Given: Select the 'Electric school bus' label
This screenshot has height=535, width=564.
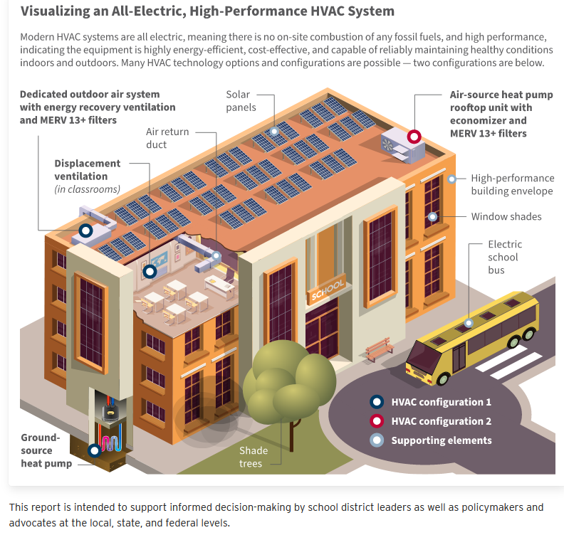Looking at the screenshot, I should pyautogui.click(x=505, y=257).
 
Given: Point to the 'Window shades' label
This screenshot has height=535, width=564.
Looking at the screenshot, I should pyautogui.click(x=506, y=216).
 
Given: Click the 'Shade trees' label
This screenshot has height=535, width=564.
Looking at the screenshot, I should pyautogui.click(x=254, y=457).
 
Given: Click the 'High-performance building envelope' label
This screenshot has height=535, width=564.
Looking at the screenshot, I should pyautogui.click(x=512, y=184).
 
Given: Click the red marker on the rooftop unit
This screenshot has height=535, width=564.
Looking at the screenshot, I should pyautogui.click(x=414, y=137).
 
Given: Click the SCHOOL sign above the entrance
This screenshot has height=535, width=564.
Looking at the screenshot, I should pyautogui.click(x=327, y=290).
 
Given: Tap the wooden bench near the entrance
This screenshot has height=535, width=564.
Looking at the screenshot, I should pyautogui.click(x=379, y=347).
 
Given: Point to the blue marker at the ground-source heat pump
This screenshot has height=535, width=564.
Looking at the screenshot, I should pyautogui.click(x=94, y=450).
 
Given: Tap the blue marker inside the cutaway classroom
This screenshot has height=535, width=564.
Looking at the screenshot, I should pyautogui.click(x=150, y=270).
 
